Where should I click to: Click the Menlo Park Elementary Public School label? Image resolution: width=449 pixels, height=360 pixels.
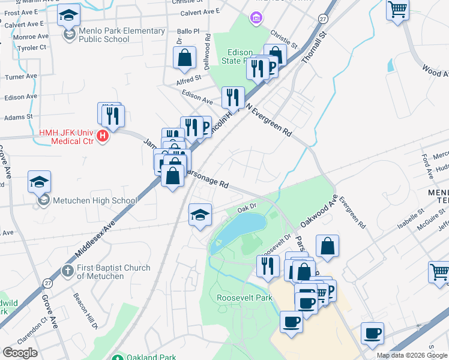(x=113, y=35)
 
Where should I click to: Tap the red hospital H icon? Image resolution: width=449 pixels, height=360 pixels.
(x=103, y=136)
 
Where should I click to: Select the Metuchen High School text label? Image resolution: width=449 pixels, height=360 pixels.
(x=95, y=200)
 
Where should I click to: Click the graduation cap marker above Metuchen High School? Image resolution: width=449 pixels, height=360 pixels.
(x=40, y=181)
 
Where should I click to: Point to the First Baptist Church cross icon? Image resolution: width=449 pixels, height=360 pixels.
(x=68, y=271)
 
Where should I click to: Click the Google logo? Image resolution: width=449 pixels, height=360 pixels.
(x=20, y=353)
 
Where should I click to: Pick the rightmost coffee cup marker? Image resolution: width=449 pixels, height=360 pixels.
(x=372, y=333)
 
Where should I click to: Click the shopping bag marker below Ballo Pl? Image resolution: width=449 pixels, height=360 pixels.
(x=185, y=58)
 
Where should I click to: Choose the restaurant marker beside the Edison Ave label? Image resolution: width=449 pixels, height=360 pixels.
(x=232, y=97)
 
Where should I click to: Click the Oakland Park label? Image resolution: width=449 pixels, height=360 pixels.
(x=151, y=357)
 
